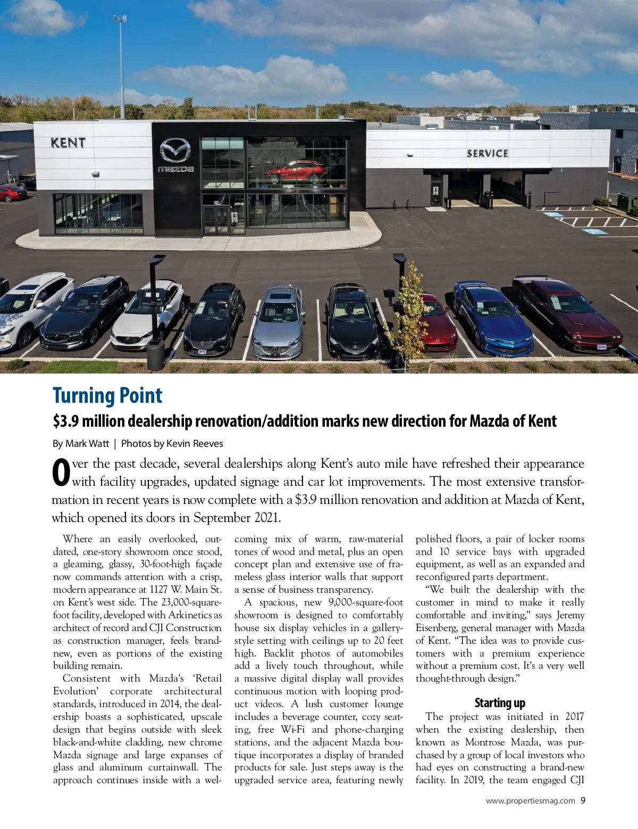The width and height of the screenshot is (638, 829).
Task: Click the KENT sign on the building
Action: click(x=68, y=143)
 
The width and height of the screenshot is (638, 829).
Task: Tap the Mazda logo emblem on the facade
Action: click(x=175, y=151)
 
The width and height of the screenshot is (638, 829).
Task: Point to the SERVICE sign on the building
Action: click(x=488, y=154)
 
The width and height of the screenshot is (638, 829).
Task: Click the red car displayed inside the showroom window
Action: click(x=297, y=172)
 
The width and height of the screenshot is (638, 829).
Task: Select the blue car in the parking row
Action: click(x=492, y=319)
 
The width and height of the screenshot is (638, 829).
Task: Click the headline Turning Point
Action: click(x=107, y=396)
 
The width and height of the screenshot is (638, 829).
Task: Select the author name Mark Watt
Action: click(x=87, y=444)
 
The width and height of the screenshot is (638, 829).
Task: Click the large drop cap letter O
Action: click(x=61, y=472)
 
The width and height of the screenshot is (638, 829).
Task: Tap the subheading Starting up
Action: click(x=500, y=703)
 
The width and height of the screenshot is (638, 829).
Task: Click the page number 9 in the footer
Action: click(x=583, y=800)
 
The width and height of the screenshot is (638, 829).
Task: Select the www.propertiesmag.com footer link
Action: click(x=530, y=801)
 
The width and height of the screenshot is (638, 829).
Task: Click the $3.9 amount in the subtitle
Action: click(x=65, y=421)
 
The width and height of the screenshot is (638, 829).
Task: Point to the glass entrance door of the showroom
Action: click(x=217, y=220)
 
